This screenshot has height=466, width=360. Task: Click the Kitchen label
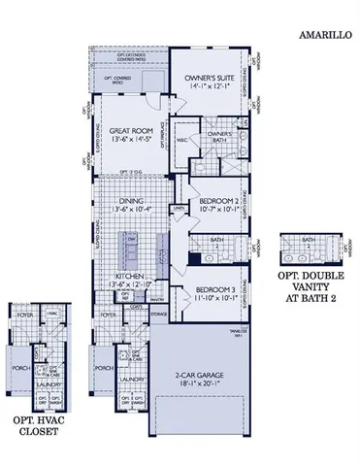pyautogui.click(x=131, y=277)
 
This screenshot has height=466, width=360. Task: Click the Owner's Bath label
pyautogui.click(x=218, y=136)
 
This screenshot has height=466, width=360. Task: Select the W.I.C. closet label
pyautogui.click(x=180, y=137)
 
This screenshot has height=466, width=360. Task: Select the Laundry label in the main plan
pyautogui.click(x=134, y=380)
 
